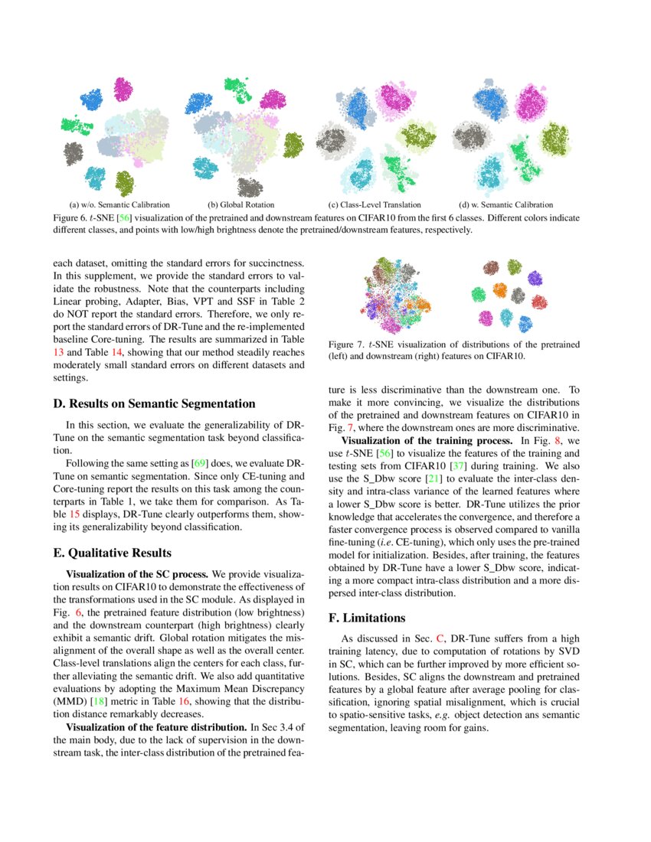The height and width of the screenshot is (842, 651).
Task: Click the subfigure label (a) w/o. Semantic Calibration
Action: point(119,205)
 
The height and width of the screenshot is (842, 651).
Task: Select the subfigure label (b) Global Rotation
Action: point(243,205)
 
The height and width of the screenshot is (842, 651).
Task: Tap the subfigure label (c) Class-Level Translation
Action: point(375,205)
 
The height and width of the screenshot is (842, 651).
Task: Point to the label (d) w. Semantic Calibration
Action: point(505,205)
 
